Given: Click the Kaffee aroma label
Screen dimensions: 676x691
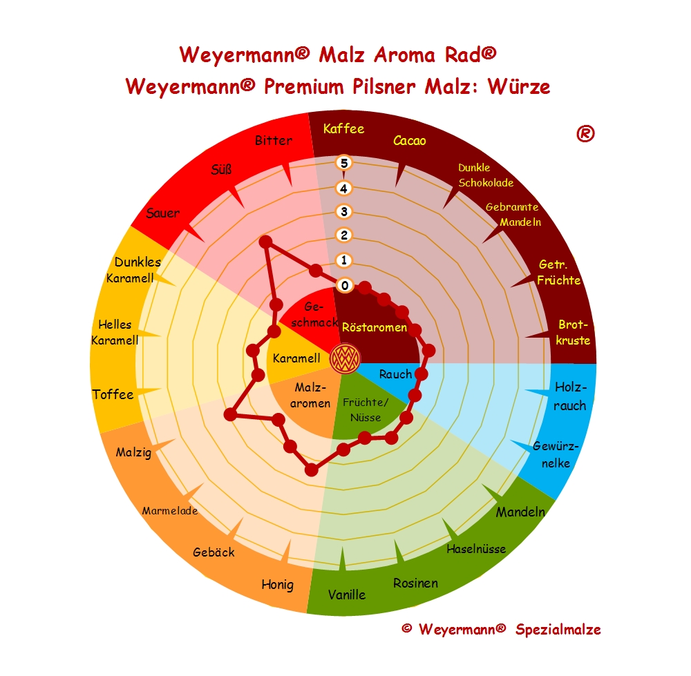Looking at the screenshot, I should pyautogui.click(x=343, y=128).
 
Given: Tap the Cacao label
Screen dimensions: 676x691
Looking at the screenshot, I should pyautogui.click(x=410, y=141).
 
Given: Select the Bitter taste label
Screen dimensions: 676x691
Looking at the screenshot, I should pyautogui.click(x=274, y=141).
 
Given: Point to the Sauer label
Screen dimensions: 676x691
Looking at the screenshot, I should pyautogui.click(x=163, y=213).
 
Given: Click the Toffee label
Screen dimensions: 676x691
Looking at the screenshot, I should pyautogui.click(x=113, y=394).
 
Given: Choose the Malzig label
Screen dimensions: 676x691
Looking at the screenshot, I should pyautogui.click(x=134, y=453).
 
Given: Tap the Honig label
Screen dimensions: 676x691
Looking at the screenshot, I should pyautogui.click(x=277, y=584).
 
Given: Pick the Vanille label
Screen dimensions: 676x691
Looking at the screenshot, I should pyautogui.click(x=347, y=594).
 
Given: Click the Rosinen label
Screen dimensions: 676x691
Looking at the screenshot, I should pyautogui.click(x=416, y=583).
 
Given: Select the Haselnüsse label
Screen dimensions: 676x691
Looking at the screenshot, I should pyautogui.click(x=476, y=549).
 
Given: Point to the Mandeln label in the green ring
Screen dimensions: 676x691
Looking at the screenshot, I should pyautogui.click(x=520, y=512).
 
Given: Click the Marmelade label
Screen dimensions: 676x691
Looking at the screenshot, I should pyautogui.click(x=170, y=511).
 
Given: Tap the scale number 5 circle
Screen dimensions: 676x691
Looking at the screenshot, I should pyautogui.click(x=344, y=163).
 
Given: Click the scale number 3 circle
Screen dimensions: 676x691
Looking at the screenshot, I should pyautogui.click(x=344, y=211).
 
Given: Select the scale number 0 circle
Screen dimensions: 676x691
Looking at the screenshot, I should pyautogui.click(x=344, y=284).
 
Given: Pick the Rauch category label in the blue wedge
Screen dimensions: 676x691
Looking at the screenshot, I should pyautogui.click(x=395, y=374).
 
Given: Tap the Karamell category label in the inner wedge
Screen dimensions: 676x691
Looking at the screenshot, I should pyautogui.click(x=296, y=358).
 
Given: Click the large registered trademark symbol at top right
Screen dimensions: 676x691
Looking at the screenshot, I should pyautogui.click(x=585, y=134).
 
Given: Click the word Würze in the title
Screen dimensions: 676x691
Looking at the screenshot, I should pyautogui.click(x=518, y=87).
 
